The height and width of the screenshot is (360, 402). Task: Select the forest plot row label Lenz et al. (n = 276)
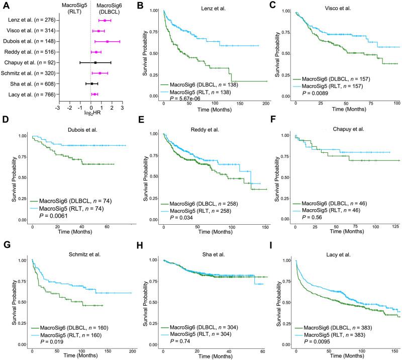point(29,20)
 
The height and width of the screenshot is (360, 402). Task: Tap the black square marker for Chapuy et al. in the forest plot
point(95,62)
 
